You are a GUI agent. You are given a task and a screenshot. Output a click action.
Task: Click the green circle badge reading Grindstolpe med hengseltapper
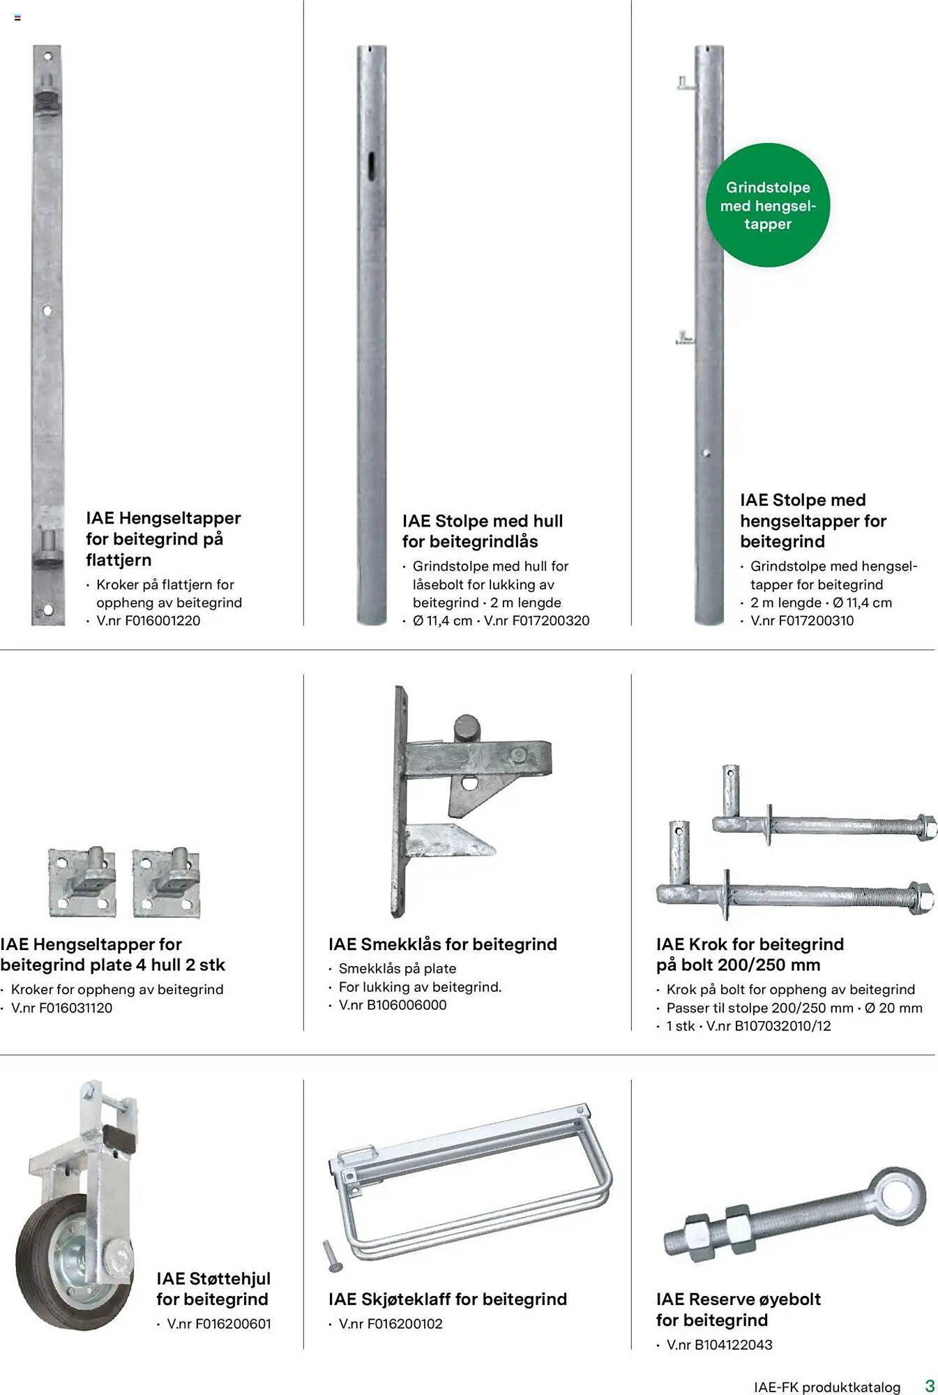pyautogui.click(x=768, y=205)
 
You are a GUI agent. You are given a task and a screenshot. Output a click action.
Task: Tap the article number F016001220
pyautogui.click(x=162, y=621)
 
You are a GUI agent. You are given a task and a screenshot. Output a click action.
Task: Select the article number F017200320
pyautogui.click(x=550, y=621)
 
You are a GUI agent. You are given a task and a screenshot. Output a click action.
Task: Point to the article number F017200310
pyautogui.click(x=816, y=621)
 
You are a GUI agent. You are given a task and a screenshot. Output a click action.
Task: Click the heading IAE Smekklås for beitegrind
pyautogui.click(x=443, y=944)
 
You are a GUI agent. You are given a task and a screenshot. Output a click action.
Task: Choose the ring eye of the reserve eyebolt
pyautogui.click(x=901, y=1195)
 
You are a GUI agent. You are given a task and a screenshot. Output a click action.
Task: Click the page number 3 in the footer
pyautogui.click(x=930, y=1385)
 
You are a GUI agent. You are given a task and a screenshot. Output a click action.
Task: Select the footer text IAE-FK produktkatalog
pyautogui.click(x=827, y=1387)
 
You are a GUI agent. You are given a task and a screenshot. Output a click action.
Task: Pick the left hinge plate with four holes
pyautogui.click(x=82, y=882)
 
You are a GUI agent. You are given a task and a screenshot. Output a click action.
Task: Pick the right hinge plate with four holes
pyautogui.click(x=167, y=882)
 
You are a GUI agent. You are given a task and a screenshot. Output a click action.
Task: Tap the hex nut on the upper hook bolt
pyautogui.click(x=925, y=827)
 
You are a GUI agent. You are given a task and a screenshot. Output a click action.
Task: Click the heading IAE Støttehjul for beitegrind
pyautogui.click(x=213, y=1289)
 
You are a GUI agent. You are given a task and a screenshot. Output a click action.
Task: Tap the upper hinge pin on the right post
pyautogui.click(x=686, y=84)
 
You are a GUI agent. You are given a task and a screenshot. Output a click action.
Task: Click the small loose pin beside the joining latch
pyautogui.click(x=331, y=1255)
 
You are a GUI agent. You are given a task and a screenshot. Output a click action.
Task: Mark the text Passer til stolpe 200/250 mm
pyautogui.click(x=760, y=1008)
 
